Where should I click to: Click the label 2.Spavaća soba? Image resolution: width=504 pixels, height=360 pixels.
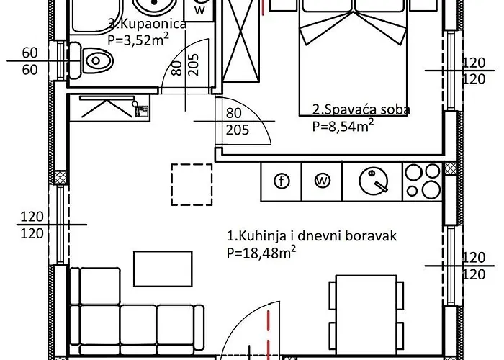361,110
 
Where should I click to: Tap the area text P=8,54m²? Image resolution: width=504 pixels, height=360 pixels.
343,126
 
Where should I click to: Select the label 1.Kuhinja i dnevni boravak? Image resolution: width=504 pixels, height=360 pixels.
312,235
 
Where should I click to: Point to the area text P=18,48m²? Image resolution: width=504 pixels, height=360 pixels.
262,252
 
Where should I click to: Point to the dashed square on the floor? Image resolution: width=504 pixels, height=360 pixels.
192,184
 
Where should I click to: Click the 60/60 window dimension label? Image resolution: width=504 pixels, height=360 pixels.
30,60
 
